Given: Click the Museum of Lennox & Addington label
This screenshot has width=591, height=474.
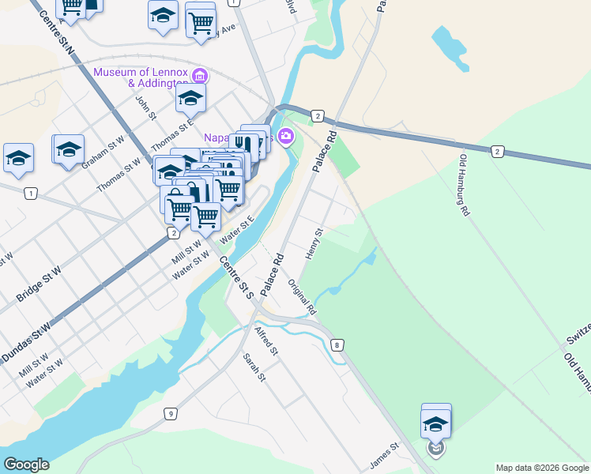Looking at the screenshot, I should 141,77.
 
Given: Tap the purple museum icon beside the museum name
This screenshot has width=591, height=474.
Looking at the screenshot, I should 200,77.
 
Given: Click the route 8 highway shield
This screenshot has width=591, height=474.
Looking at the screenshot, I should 338,345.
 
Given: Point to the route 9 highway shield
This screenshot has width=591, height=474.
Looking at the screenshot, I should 170,414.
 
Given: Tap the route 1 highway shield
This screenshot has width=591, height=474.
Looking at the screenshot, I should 30,194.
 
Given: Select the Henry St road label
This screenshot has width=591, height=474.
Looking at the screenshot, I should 314,243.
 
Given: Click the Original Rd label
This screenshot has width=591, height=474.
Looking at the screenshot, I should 302,295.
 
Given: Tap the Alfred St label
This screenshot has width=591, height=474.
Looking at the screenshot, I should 266,339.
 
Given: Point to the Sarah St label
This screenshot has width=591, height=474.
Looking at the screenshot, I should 254,368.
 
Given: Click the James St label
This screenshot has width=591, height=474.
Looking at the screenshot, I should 386,456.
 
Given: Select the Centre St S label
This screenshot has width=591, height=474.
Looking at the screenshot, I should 237,276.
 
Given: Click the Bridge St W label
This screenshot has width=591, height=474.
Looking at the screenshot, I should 39,285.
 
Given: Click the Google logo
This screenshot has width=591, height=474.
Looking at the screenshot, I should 26,465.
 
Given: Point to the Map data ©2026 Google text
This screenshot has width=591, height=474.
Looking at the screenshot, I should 541,468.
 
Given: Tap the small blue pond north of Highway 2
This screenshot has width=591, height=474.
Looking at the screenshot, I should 450,46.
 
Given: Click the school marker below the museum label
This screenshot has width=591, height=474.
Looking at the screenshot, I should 190,100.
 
